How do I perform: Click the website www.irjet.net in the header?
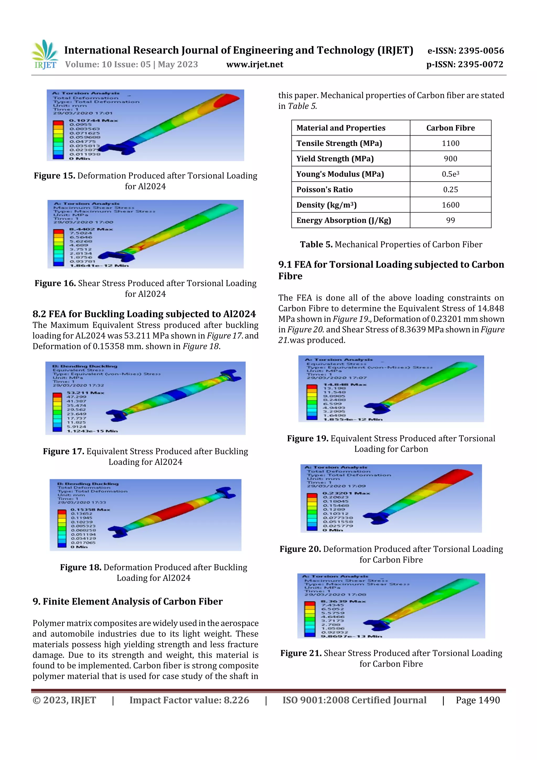pos(254,65)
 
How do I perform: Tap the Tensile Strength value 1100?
pos(450,143)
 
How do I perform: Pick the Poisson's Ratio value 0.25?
pos(450,190)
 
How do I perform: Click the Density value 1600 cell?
pos(450,205)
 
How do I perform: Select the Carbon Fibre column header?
pos(450,128)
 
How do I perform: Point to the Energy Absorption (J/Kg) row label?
pos(343,220)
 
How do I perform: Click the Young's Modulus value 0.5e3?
pos(450,174)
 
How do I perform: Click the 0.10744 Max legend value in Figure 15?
pos(93,120)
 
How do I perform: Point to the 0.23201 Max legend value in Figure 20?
pos(346,493)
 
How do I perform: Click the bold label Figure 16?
pos(55,283)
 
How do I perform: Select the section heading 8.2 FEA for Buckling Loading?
pos(144,314)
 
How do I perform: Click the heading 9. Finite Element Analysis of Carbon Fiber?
pos(127,602)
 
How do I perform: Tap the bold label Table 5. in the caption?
pos(316,245)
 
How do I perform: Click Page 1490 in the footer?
pos(477,700)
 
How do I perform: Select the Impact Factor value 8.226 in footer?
pos(236,700)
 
